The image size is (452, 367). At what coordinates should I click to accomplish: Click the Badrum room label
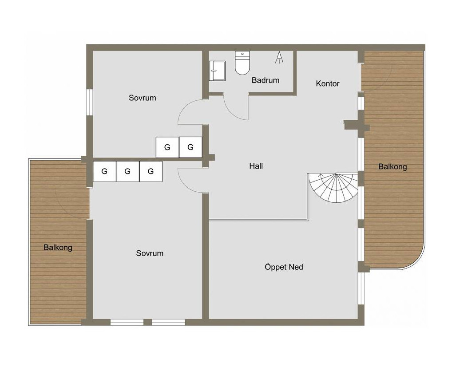265,80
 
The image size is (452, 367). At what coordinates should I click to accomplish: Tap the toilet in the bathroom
242,63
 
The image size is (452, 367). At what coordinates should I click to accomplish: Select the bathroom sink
217,71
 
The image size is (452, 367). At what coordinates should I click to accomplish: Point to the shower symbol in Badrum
279,57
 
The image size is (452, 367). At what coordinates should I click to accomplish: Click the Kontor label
328,83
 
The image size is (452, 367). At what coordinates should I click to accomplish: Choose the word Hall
256,166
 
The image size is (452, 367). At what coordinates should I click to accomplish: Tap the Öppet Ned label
284,267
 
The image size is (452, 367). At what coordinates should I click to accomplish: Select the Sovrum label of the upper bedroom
143,98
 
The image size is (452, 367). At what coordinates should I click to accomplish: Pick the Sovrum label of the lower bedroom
150,253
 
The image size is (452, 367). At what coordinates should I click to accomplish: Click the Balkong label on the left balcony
58,247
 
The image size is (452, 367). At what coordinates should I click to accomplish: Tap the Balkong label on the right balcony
393,166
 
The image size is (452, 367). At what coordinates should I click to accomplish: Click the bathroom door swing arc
230,111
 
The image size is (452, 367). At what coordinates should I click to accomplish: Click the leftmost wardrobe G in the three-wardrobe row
104,171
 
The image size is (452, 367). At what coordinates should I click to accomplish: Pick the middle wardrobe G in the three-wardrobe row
127,171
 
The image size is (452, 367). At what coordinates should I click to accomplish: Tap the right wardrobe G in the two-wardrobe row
190,147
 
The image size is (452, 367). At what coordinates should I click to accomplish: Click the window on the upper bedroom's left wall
89,103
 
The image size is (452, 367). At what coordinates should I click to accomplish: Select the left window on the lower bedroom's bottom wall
127,322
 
